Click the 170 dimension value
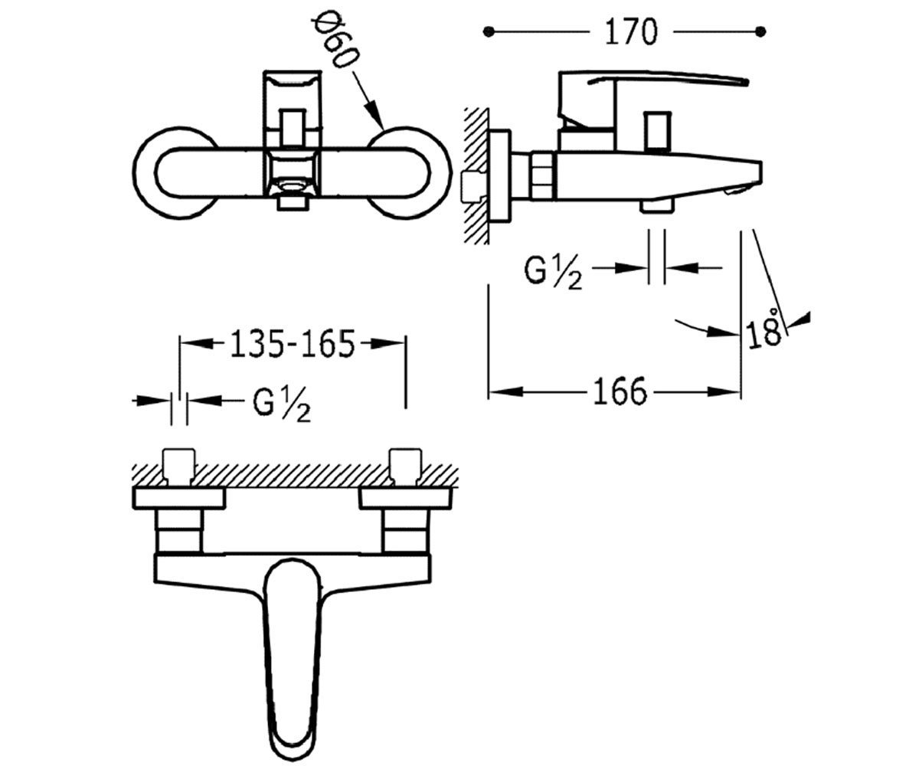[631, 31]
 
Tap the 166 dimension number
[620, 391]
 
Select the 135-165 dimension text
[293, 343]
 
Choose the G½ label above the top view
[282, 405]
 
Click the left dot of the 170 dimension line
[489, 31]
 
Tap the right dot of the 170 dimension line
[760, 31]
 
